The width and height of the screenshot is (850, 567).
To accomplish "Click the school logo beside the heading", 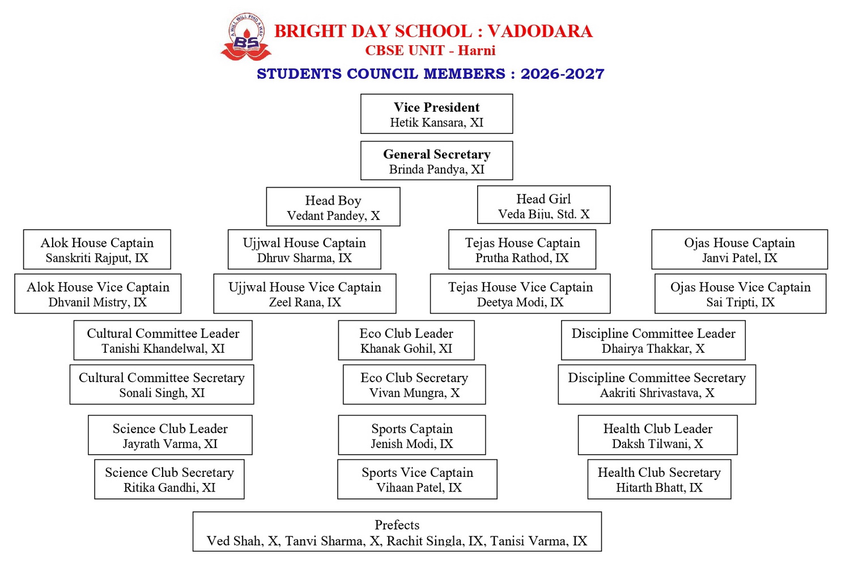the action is point(246,36).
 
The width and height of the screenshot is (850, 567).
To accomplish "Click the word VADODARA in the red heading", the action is point(540,31).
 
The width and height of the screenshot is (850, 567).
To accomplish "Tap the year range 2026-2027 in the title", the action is point(562,74).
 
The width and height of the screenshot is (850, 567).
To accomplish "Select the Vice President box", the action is point(436,114).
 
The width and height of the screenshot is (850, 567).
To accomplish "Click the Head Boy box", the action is point(333,206).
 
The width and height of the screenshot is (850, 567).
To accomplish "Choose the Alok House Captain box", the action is point(97,249).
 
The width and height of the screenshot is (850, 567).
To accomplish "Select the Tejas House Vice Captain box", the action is point(520,294).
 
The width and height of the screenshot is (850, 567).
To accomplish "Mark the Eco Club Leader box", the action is point(406,340).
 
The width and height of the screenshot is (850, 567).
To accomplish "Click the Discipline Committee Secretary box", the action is point(656,384).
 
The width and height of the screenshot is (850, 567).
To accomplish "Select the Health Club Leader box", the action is point(657,435).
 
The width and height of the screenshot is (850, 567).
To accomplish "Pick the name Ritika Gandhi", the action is point(159,488).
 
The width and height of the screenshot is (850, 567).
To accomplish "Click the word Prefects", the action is point(397,525).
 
